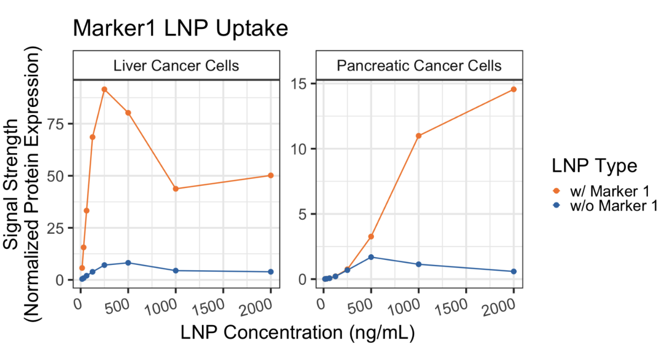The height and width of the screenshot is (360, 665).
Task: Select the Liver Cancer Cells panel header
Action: pyautogui.click(x=176, y=66)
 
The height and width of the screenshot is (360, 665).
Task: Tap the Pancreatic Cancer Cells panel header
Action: pyautogui.click(x=419, y=66)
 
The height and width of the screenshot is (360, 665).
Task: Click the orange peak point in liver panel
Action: pyautogui.click(x=104, y=89)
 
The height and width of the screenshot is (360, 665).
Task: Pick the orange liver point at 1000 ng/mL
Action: pyautogui.click(x=176, y=189)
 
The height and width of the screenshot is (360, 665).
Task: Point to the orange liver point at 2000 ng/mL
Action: pyautogui.click(x=271, y=176)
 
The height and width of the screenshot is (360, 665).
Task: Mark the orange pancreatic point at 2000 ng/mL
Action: pyautogui.click(x=514, y=89)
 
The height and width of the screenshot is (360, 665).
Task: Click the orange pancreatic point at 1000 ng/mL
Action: pyautogui.click(x=418, y=135)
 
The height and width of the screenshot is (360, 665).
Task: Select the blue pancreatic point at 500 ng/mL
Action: pyautogui.click(x=371, y=257)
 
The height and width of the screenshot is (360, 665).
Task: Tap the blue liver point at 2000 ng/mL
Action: pyautogui.click(x=271, y=272)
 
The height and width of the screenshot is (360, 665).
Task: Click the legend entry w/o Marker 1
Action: pyautogui.click(x=607, y=206)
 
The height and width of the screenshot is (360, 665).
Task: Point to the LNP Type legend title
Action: pyautogui.click(x=594, y=166)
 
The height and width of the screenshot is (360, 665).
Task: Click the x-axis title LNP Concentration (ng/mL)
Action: pyautogui.click(x=297, y=334)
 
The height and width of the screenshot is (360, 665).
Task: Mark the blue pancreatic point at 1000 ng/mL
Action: pyautogui.click(x=418, y=264)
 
